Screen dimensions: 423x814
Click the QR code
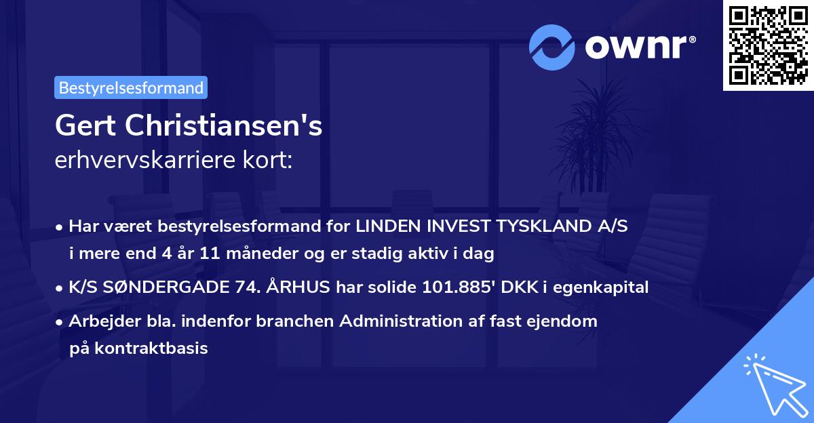[767, 45]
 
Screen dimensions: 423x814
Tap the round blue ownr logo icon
[551, 47]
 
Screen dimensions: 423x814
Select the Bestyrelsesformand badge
[131, 87]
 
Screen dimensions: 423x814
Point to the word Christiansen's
[223, 126]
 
